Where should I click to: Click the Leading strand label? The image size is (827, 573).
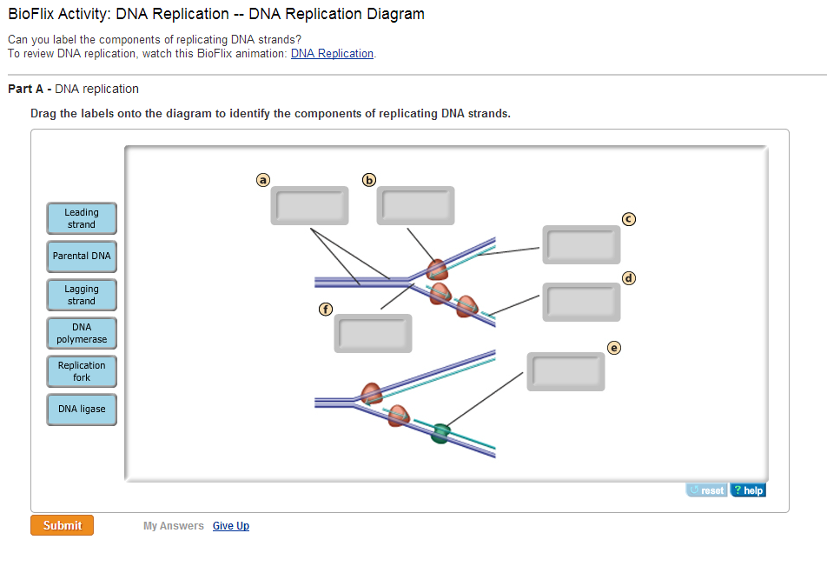coord(82,218)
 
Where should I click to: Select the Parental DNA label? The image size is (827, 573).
coord(82,257)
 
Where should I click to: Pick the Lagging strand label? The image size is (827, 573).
coord(82,295)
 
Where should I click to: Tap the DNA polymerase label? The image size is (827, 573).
coord(82,333)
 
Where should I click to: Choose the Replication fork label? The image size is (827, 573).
coord(82,371)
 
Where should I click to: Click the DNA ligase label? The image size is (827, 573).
coord(82,409)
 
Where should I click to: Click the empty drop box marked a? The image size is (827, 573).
coord(309,205)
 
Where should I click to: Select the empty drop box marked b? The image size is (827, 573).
coord(415,205)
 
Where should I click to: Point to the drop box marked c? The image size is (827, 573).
coord(581,244)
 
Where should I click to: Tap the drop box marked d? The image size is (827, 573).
coord(581,302)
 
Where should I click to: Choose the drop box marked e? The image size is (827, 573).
coord(566,371)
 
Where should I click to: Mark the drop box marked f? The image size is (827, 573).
coord(373,333)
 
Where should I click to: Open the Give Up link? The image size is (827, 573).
coord(231,526)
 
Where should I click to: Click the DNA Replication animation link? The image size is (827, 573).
coord(332,54)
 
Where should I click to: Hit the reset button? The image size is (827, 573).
coord(706,490)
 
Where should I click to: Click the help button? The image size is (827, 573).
coord(748,490)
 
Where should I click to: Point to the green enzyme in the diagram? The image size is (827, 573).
coord(440,432)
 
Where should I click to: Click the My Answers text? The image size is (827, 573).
coord(174,526)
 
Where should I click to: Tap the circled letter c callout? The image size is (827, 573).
coord(629,218)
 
